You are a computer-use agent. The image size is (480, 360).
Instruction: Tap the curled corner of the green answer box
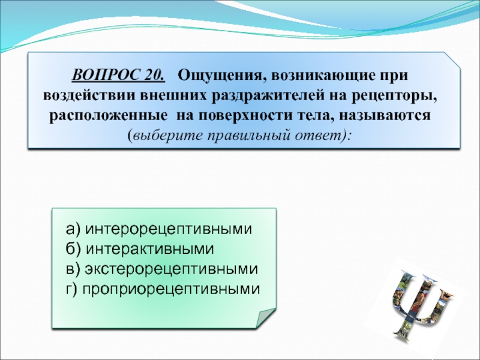(x=266, y=317)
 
